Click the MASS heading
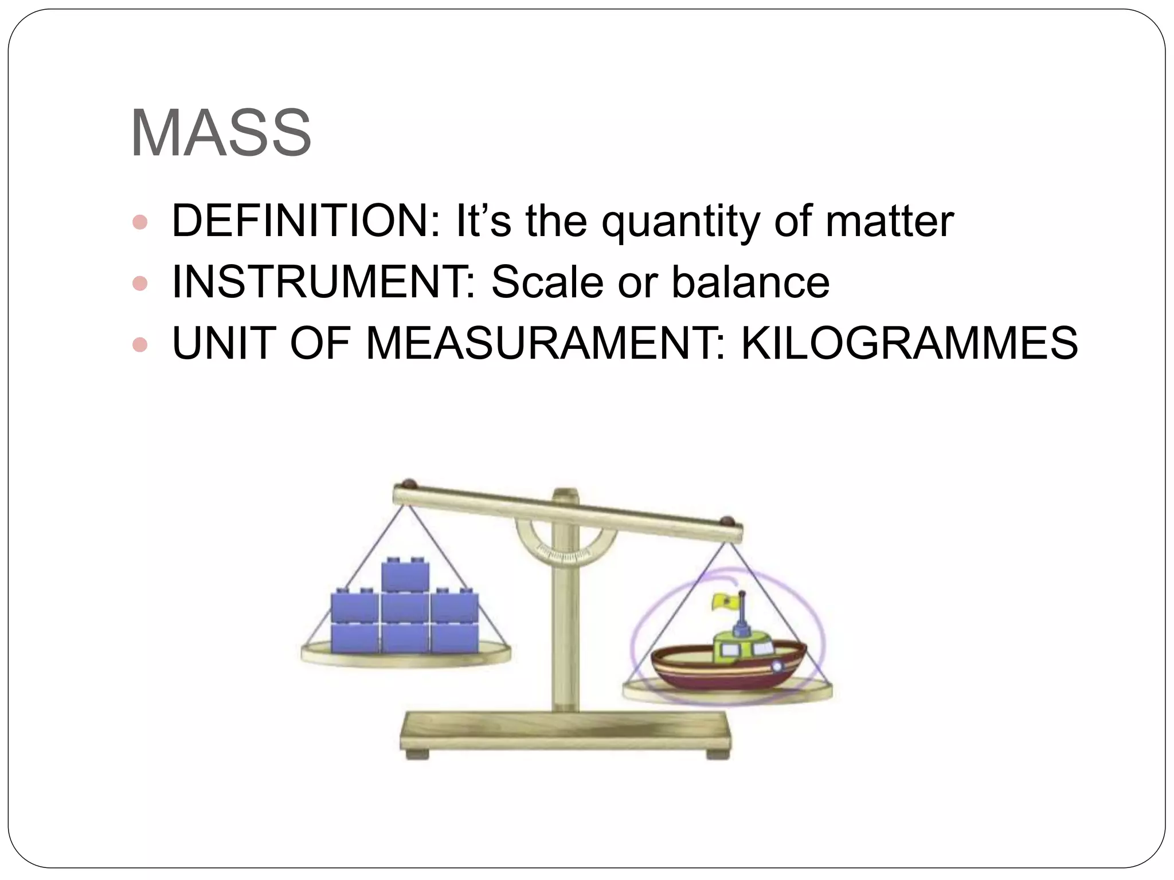point(221,133)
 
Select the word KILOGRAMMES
point(909,343)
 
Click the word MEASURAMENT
point(542,343)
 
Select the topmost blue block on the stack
point(405,574)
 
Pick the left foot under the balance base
point(417,755)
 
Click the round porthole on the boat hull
point(777,666)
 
